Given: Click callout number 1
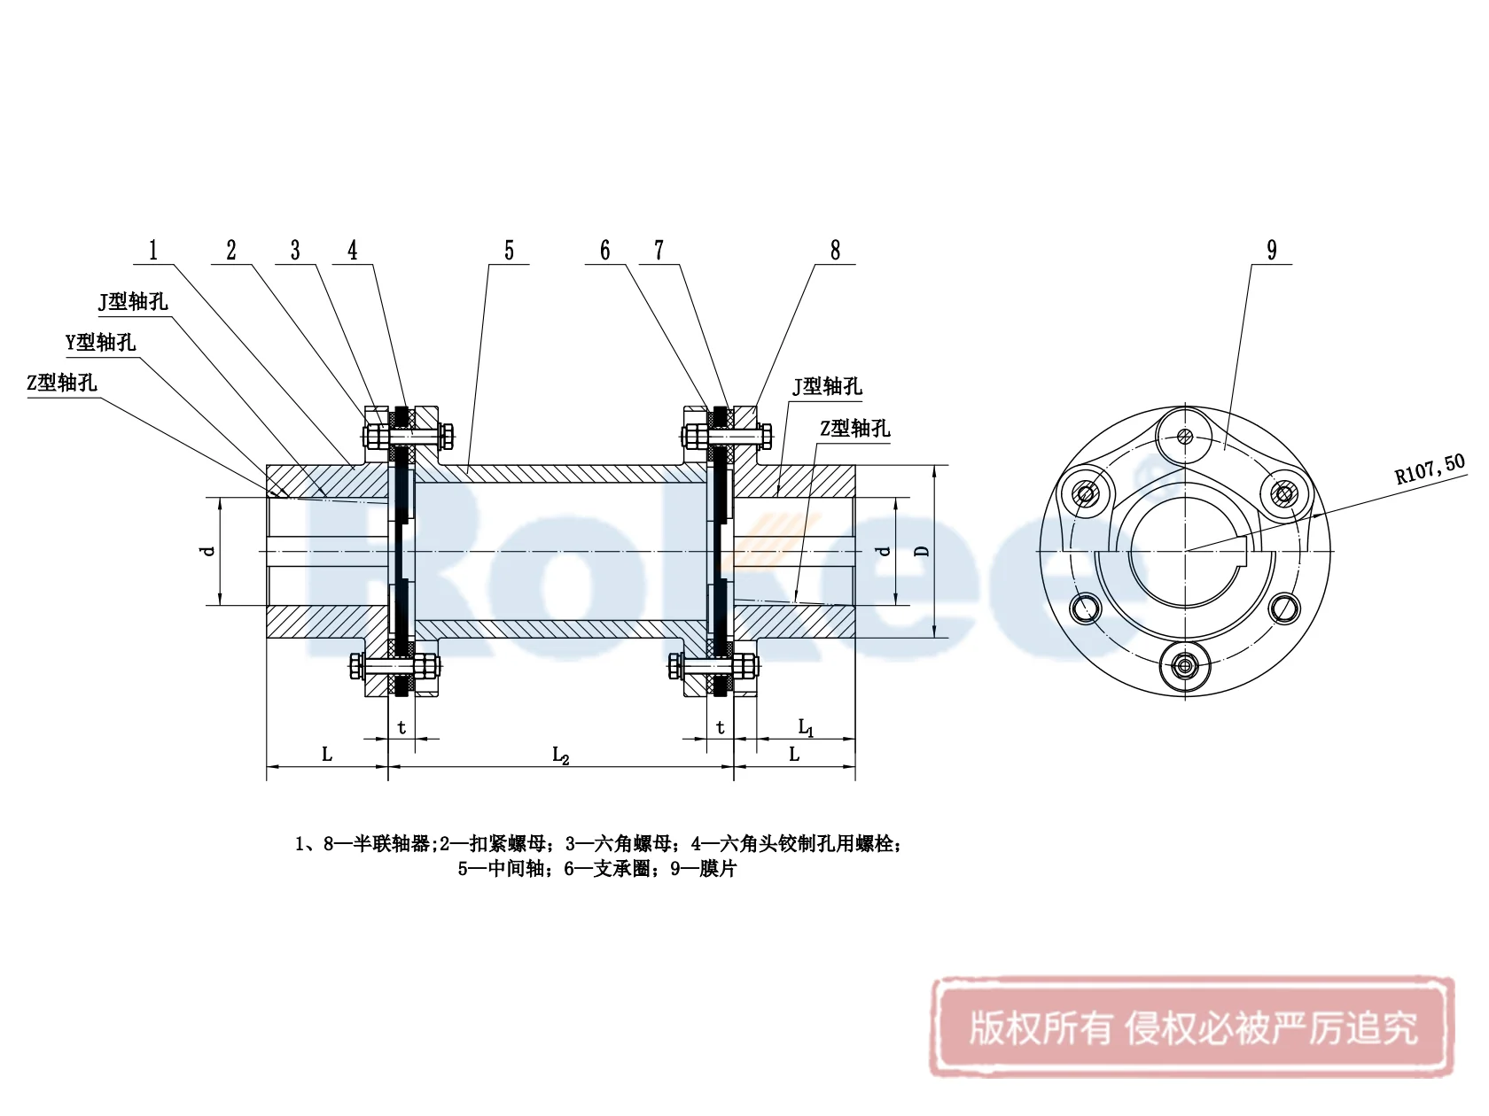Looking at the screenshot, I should click(153, 251).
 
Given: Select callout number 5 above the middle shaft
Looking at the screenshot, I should click(509, 251).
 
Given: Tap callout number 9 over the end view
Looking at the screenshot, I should click(1272, 251).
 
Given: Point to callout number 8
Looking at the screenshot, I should click(835, 251).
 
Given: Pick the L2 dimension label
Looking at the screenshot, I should click(560, 756).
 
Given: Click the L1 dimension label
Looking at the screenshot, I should click(806, 728).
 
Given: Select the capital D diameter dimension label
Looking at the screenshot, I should click(923, 551).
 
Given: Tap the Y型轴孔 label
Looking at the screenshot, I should click(101, 343).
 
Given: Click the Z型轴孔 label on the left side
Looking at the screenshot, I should click(62, 383).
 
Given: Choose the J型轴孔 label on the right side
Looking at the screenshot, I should click(827, 386).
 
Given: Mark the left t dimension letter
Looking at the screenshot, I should click(401, 728).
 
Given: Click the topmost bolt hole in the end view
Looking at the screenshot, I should click(1185, 436).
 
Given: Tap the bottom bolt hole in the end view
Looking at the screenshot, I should click(1185, 666).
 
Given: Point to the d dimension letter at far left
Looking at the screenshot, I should click(208, 551).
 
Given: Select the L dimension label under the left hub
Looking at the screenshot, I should click(326, 755).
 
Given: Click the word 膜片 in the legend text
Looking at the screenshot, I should click(717, 869).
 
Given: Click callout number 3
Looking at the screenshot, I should click(295, 251).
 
